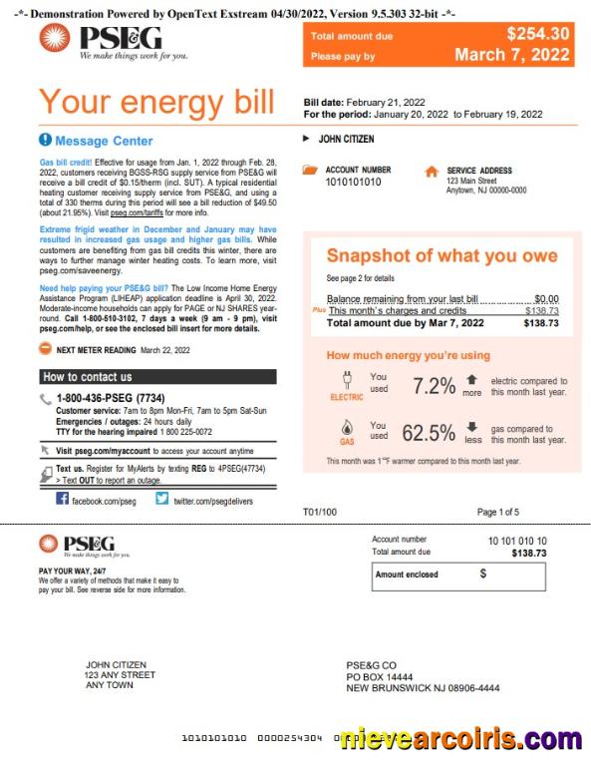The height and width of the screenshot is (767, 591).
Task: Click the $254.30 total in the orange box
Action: [537, 34]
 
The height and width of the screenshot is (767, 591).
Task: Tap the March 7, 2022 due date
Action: [512, 55]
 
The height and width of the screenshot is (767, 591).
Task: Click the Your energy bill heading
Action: [155, 102]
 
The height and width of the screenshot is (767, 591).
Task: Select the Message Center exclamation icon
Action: [45, 141]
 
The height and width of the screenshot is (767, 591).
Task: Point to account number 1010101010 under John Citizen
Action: [353, 183]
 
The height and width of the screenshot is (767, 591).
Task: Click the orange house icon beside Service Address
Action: [431, 172]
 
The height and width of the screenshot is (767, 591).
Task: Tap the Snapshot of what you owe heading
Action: [442, 256]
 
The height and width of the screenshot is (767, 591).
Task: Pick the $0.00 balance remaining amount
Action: [546, 298]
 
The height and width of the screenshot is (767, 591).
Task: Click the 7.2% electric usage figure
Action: [434, 385]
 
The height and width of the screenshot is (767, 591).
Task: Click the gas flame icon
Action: [347, 428]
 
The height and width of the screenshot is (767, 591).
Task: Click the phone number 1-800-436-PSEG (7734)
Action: [110, 399]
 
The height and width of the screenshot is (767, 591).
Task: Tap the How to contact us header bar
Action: [158, 377]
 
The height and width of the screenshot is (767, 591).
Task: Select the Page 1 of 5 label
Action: [497, 512]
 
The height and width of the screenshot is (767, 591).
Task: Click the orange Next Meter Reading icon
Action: [46, 349]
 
